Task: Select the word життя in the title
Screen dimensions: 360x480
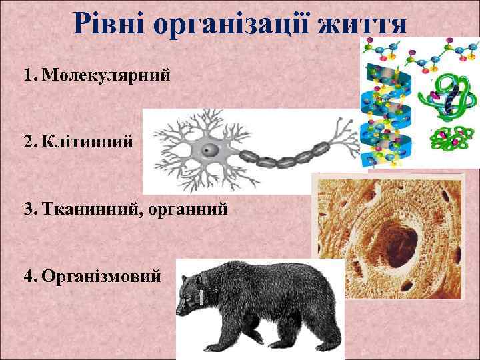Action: pos(364,24)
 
